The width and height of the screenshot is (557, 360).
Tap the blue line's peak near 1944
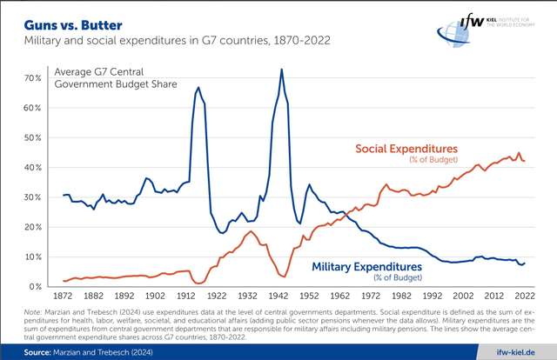(281, 70)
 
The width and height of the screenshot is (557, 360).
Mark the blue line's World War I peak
(198, 88)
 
